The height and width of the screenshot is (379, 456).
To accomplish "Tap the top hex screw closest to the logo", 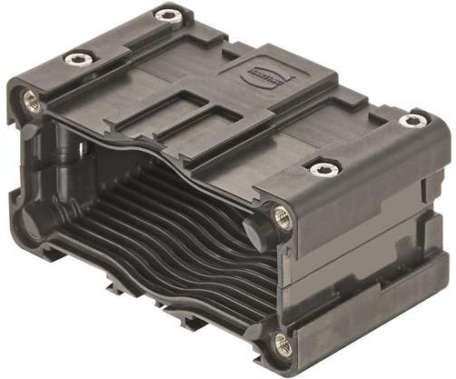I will point(414,120).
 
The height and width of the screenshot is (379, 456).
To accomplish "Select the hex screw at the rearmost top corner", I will point(168,15).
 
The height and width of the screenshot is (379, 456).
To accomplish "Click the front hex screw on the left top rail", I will point(77,59).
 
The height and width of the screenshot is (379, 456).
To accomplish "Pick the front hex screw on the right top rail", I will point(323,169).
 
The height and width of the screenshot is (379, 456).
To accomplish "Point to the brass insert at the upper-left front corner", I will point(32,103).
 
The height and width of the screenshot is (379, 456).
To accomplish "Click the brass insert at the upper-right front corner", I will point(281,217).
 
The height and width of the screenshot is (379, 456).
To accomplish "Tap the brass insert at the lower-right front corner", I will point(283,344).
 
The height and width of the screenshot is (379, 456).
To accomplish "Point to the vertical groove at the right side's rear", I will point(427,218).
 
